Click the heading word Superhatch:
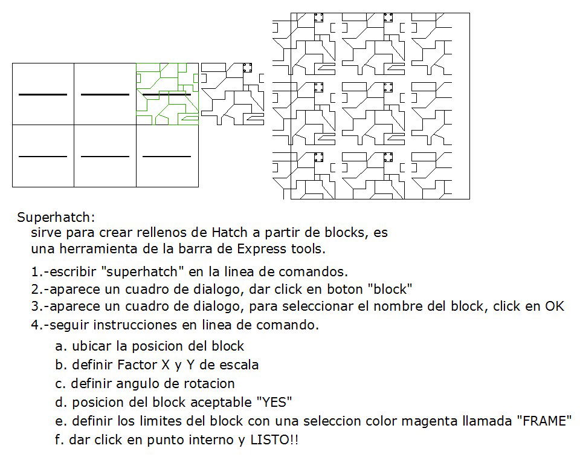click(x=56, y=217)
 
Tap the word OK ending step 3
click(x=554, y=306)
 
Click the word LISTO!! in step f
click(x=274, y=440)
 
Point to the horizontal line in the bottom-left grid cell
click(x=43, y=157)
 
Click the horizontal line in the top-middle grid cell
click(x=105, y=94)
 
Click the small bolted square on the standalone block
click(x=246, y=68)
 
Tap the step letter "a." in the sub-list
click(x=60, y=346)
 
